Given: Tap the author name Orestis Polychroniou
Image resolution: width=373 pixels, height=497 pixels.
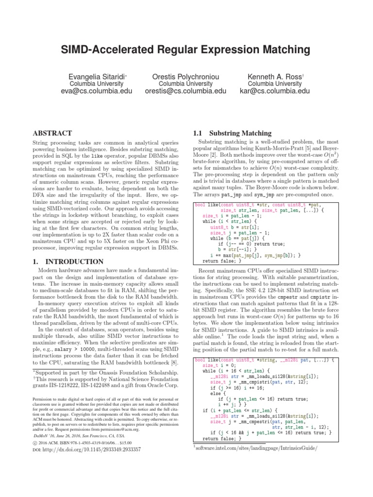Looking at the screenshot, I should [186, 76].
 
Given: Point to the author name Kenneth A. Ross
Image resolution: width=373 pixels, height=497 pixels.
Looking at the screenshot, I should [275, 76].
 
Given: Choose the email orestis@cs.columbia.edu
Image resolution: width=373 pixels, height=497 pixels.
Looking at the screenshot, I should [186, 91].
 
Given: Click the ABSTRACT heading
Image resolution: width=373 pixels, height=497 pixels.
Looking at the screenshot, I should [51, 133].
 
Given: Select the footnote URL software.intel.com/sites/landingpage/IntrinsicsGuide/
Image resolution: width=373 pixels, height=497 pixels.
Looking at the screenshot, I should [257, 448].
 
